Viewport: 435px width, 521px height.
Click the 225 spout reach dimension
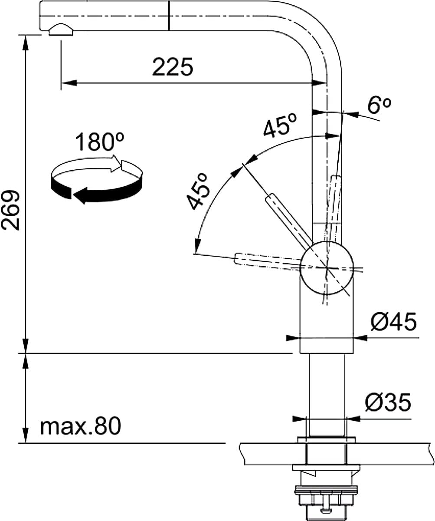[173, 67]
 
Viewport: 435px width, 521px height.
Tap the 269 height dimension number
[10, 210]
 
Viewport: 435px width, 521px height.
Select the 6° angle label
[379, 106]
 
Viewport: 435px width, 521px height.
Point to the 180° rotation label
[99, 142]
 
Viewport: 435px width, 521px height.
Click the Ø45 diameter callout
[393, 322]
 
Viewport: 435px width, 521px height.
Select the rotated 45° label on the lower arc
[198, 191]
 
